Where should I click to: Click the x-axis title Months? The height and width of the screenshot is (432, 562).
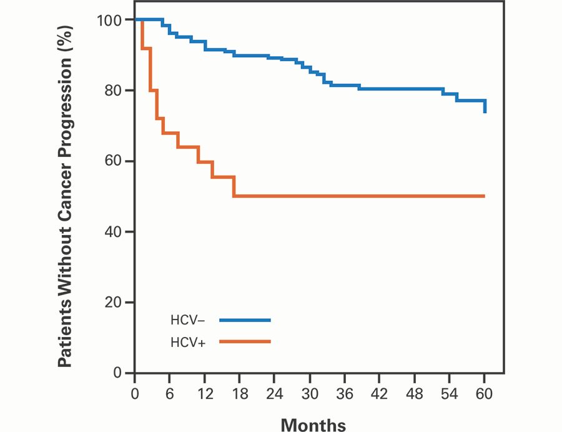313,425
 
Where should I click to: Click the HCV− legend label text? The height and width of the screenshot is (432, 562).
187,320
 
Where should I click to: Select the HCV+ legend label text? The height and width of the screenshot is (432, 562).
187,342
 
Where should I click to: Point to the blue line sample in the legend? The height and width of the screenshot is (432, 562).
245,320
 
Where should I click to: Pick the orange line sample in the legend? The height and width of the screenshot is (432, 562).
245,341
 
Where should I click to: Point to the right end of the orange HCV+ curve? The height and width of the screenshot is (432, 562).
484,196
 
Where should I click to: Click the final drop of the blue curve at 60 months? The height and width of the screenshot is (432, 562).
485,106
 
